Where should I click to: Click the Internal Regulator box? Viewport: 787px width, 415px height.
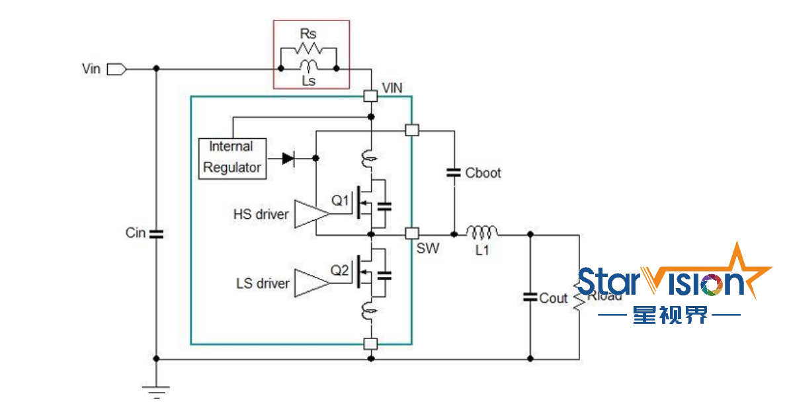click(x=232, y=157)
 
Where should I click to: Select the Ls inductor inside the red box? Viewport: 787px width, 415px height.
click(x=308, y=65)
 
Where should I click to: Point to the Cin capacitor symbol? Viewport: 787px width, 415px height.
click(x=156, y=233)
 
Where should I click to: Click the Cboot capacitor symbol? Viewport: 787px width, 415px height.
click(x=454, y=173)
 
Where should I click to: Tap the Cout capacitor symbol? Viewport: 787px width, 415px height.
click(x=530, y=297)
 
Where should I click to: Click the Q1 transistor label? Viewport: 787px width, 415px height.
click(x=340, y=200)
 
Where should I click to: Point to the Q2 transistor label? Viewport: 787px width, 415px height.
click(x=340, y=270)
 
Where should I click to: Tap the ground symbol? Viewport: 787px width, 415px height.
click(x=156, y=391)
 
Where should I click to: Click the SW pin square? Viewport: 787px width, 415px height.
click(x=412, y=233)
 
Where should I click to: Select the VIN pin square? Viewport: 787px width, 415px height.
click(x=371, y=96)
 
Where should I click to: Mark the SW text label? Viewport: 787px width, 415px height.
click(x=427, y=250)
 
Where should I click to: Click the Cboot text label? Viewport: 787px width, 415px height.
click(x=483, y=173)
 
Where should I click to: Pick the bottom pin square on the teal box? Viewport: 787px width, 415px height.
click(x=371, y=344)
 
